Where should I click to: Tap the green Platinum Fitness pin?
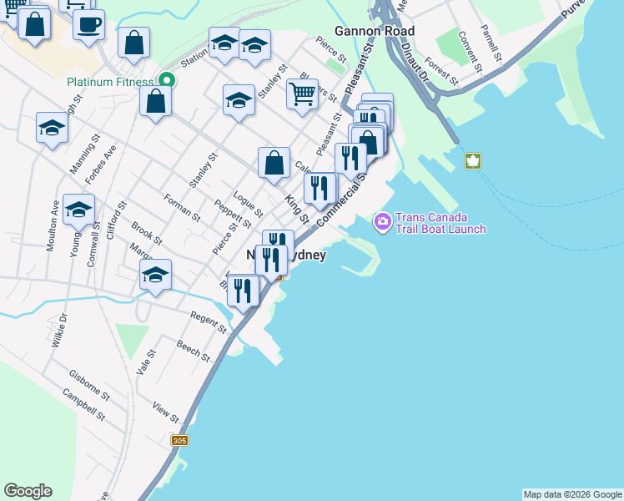(x=166, y=81)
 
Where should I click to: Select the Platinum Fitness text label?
(x=111, y=82)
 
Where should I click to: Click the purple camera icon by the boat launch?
(x=383, y=221)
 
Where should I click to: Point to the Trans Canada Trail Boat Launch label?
(x=440, y=223)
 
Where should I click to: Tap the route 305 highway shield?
(x=179, y=440)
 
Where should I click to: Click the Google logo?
(x=28, y=491)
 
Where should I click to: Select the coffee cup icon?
(x=88, y=23)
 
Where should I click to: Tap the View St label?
(x=166, y=411)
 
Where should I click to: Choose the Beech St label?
(x=193, y=351)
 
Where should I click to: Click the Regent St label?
(x=209, y=323)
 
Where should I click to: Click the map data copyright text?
(x=572, y=494)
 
